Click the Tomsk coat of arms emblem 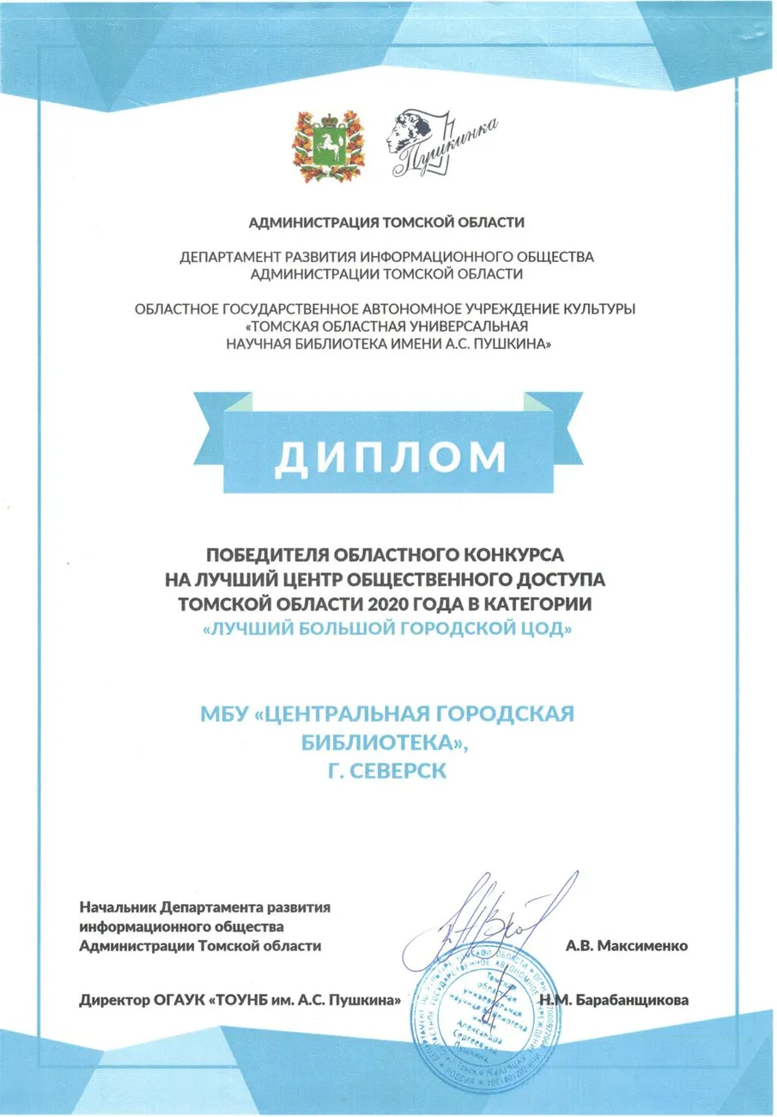(319, 145)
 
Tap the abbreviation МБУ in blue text (224, 715)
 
